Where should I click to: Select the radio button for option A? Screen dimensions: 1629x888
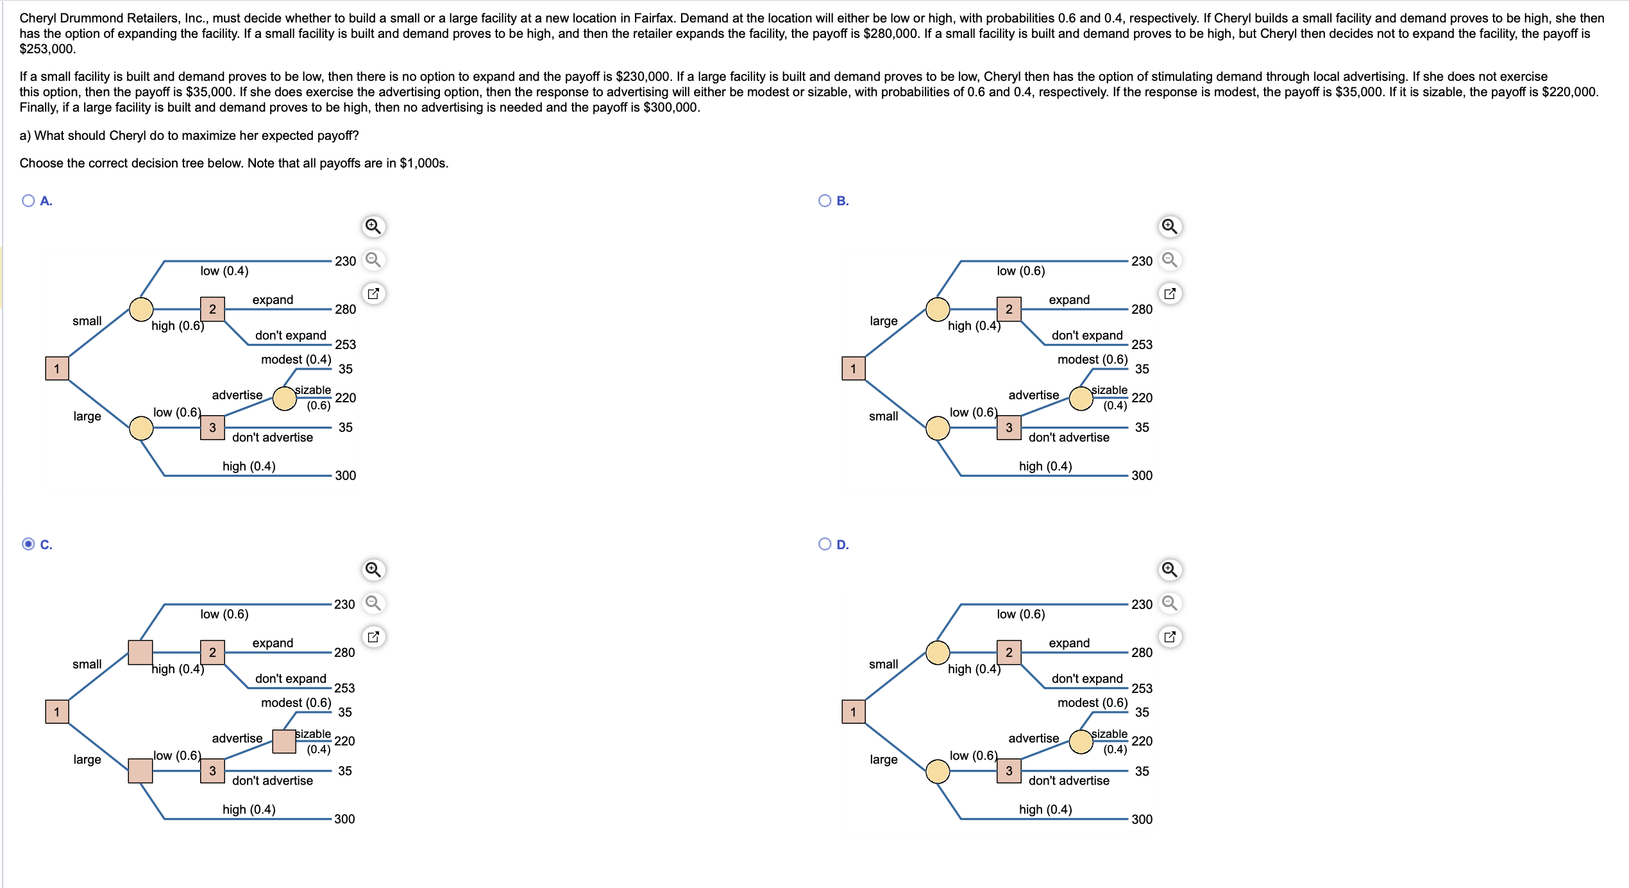tap(28, 201)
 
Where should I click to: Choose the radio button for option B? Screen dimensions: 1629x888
tap(825, 201)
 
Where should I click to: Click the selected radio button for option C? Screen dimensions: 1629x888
tap(28, 544)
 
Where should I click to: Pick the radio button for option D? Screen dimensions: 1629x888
tap(825, 544)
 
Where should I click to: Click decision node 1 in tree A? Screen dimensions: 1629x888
tap(57, 368)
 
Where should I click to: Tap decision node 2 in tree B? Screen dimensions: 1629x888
tap(1009, 309)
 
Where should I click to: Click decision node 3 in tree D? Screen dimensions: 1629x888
tap(1009, 771)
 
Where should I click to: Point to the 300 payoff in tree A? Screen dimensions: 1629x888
tap(345, 475)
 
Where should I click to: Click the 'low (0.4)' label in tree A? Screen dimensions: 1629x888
tap(224, 271)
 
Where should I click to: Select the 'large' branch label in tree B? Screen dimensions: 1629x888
tap(884, 321)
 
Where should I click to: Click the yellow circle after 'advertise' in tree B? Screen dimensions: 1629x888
tap(1081, 398)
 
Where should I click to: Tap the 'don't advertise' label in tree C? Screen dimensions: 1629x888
tap(273, 780)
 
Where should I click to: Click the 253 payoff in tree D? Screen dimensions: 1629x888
tap(1142, 688)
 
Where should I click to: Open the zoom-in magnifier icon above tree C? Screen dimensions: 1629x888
tap(373, 570)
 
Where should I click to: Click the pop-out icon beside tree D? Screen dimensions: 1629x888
tap(1170, 637)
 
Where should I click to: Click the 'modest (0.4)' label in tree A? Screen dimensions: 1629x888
tap(296, 359)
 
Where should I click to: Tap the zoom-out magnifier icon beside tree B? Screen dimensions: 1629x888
tap(1170, 260)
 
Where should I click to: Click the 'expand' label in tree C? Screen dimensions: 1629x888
tap(273, 643)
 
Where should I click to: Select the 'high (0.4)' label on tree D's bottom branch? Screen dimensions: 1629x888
tap(1045, 810)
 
